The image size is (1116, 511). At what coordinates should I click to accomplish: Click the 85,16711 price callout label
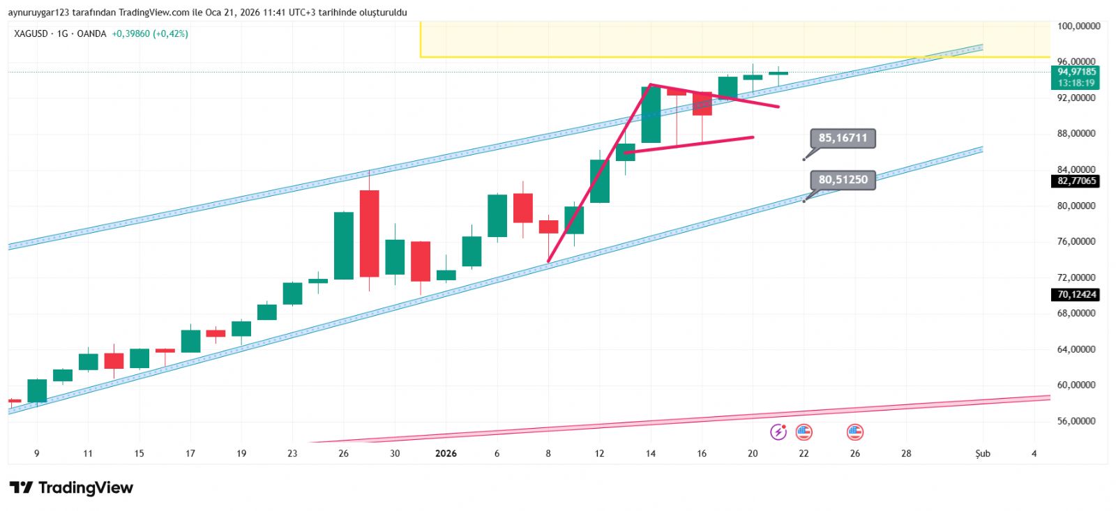coord(843,138)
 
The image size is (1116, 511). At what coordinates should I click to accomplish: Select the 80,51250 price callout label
coord(843,180)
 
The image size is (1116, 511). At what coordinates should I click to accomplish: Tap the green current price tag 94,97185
coord(1076,72)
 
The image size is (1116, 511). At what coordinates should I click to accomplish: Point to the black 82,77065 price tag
coord(1076,181)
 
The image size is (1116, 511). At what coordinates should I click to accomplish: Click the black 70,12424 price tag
coord(1076,295)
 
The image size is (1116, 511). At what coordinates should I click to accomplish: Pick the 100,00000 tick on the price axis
coord(1078,26)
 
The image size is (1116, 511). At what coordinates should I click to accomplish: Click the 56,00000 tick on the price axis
coord(1076,421)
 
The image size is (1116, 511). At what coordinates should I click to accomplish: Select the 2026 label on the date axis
coord(446,454)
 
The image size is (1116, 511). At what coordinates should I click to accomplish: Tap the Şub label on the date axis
coord(982,454)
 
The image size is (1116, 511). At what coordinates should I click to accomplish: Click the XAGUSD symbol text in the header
coord(31,33)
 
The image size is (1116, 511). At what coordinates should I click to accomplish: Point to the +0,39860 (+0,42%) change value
coord(150,33)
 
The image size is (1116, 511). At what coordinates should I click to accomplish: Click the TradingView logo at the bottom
coord(71,488)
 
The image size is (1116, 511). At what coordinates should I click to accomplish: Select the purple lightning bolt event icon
coord(778,432)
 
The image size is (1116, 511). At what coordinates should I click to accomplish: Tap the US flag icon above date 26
coord(854,432)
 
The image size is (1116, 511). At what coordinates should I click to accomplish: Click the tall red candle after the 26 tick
coord(370,234)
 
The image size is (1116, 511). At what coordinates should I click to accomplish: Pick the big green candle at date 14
coord(651,115)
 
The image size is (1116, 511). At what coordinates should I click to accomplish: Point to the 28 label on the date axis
coord(906,454)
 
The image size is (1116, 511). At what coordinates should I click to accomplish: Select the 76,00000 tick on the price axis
coord(1076,242)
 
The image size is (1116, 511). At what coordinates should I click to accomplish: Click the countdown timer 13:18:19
coord(1076,83)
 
